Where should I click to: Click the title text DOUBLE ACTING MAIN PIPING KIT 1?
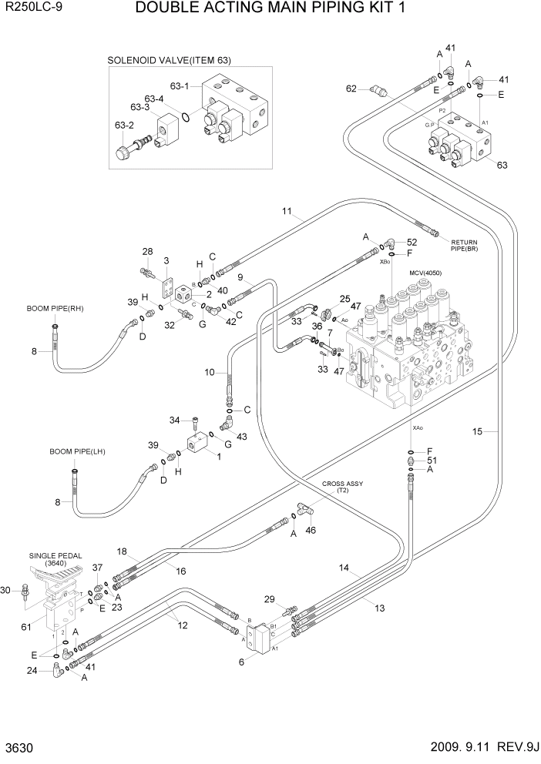[x=270, y=9]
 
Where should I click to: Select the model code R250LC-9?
[x=32, y=9]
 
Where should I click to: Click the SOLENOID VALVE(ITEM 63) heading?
[x=169, y=60]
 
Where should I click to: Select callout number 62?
[x=351, y=89]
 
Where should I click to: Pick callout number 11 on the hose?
[x=286, y=211]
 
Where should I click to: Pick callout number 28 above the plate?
[x=148, y=252]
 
